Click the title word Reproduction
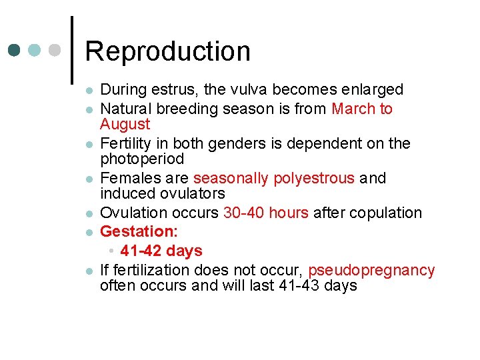(167, 51)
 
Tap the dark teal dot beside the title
(14, 50)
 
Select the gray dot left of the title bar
(56, 50)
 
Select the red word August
(125, 124)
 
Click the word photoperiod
(142, 159)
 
